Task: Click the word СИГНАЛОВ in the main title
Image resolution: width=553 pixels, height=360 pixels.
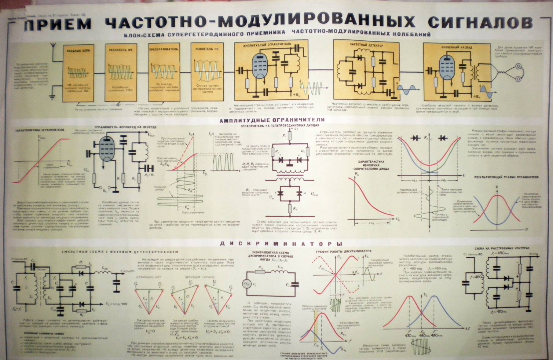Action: (480, 22)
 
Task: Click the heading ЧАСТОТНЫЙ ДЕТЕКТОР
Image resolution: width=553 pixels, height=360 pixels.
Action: (366, 45)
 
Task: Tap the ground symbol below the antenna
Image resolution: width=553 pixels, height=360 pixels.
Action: (53, 97)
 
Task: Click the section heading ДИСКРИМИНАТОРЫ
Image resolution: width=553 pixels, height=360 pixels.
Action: (281, 244)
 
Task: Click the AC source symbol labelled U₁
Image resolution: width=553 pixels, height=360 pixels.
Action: (247, 284)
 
